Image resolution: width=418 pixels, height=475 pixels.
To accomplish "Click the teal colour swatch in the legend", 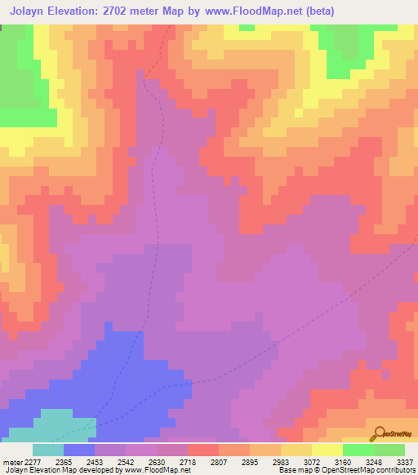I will pyautogui.click(x=48, y=450).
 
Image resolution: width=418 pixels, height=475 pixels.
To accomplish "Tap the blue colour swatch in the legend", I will pyautogui.click(x=79, y=450).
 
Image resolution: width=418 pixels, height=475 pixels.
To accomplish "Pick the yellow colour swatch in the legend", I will pyautogui.click(x=327, y=450).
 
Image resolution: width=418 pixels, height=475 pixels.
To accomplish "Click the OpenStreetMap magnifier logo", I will pyautogui.click(x=377, y=433).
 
